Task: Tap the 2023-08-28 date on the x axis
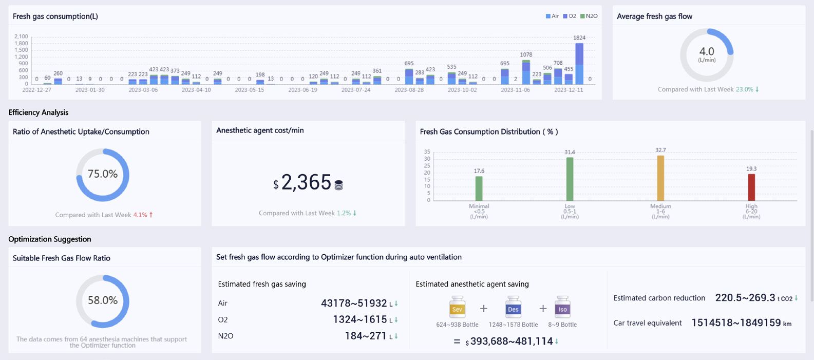click(x=409, y=90)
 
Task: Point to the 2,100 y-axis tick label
click(x=21, y=36)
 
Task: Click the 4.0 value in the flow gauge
click(x=707, y=51)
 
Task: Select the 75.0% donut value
click(x=103, y=174)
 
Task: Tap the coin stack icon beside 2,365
click(x=338, y=185)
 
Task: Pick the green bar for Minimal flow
click(x=479, y=188)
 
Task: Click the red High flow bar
click(x=751, y=187)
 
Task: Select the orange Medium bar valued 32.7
click(x=660, y=178)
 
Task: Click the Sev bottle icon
click(x=457, y=307)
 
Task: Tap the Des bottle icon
click(x=513, y=307)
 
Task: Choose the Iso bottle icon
click(x=562, y=307)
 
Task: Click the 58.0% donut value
click(x=103, y=300)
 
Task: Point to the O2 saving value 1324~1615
click(x=359, y=319)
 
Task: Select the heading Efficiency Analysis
click(x=39, y=112)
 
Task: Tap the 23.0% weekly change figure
click(x=744, y=89)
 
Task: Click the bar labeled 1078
click(x=526, y=72)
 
